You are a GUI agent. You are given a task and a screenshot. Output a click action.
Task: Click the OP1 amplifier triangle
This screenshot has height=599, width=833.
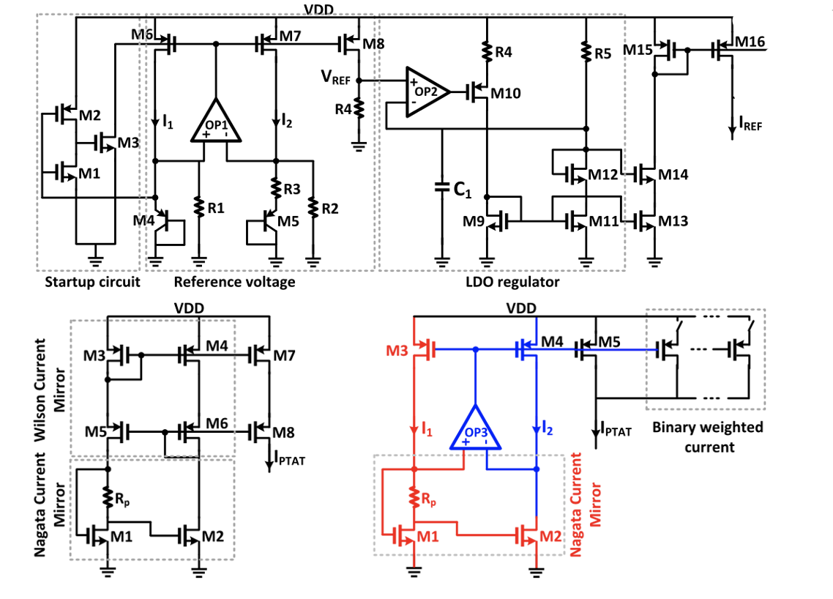[x=214, y=122]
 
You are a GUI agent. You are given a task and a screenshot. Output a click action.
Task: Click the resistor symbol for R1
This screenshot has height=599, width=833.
[x=199, y=207]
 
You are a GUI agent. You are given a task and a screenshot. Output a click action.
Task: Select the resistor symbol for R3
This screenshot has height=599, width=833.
[x=276, y=188]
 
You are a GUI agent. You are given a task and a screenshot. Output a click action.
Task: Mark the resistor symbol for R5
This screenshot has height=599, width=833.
[x=585, y=51]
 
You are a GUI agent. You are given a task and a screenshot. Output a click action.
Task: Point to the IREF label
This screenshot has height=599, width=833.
[x=751, y=126]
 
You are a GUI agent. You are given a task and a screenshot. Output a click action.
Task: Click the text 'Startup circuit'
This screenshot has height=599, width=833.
[x=92, y=282]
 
